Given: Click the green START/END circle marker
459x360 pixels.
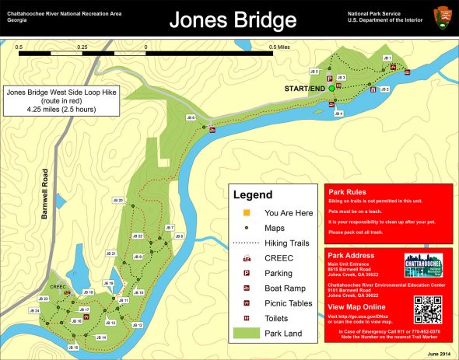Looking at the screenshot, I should point(331,89).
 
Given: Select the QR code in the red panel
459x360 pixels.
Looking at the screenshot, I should point(427,309).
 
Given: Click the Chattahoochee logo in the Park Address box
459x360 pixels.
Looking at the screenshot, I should point(426,265).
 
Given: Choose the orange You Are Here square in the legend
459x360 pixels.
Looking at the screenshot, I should point(247,212).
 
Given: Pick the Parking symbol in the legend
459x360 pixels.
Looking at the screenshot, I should point(247,273).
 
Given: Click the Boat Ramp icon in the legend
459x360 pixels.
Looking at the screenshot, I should point(247,288).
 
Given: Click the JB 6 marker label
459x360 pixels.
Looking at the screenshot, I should point(191,117).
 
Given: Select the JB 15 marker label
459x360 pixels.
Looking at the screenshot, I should point(74,347).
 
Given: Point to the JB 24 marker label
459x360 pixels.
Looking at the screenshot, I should point(33,311).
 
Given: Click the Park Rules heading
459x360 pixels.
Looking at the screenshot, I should point(347,192).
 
